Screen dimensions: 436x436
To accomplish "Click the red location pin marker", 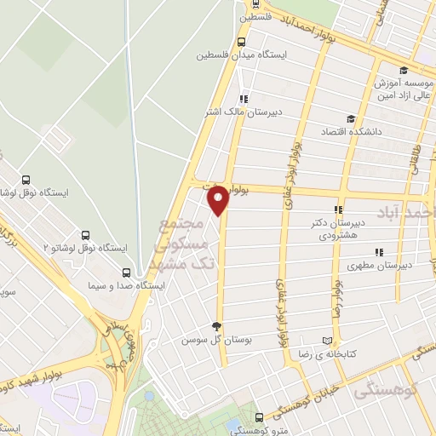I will [218, 199].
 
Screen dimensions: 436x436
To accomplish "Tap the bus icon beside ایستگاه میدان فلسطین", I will [242, 41].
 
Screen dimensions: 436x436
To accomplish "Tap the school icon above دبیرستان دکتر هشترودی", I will [338, 209].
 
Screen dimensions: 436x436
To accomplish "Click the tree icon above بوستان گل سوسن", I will [216, 326].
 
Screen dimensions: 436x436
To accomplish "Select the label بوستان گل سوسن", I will [215, 340].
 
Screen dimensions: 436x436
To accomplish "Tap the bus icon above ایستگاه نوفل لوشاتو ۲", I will [85, 234].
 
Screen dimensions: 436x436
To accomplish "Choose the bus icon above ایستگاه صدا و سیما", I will [127, 272].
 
